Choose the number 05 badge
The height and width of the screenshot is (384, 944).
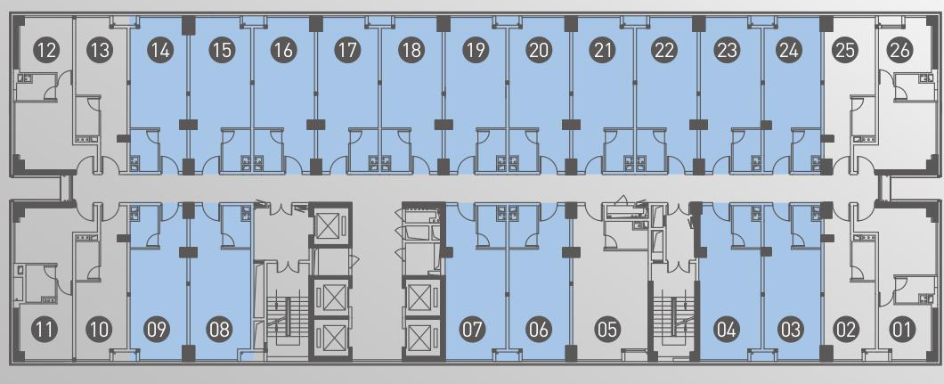607,330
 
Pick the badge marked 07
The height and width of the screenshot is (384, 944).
472,330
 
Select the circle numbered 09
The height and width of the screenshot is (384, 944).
157,330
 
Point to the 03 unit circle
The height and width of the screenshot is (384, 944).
790,330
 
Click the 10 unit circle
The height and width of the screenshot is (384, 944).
99,330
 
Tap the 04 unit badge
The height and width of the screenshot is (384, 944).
727,330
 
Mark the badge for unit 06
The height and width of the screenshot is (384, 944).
538,330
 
